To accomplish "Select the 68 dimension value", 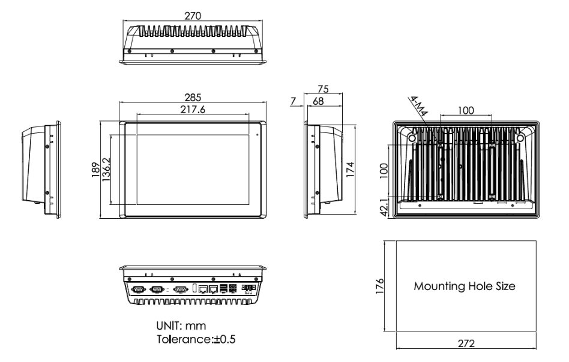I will click(318, 101).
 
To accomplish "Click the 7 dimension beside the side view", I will click(293, 101).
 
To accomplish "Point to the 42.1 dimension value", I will click(385, 208).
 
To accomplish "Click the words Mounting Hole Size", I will click(465, 286).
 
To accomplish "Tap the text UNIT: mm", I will click(181, 326).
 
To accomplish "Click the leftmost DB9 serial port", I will click(137, 289).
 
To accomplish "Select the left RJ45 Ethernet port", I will click(203, 289).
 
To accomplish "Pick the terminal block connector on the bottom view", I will click(247, 288).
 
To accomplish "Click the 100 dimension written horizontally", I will click(466, 110).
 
